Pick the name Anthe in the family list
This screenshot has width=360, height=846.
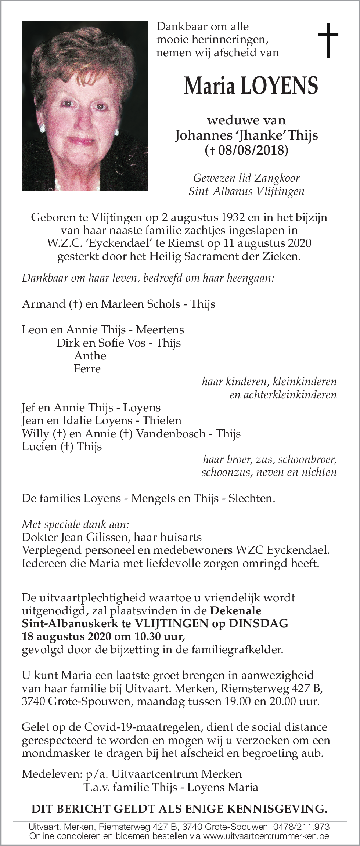point(90,355)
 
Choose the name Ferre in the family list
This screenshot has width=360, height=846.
point(87,368)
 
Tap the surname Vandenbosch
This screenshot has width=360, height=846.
point(170,433)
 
